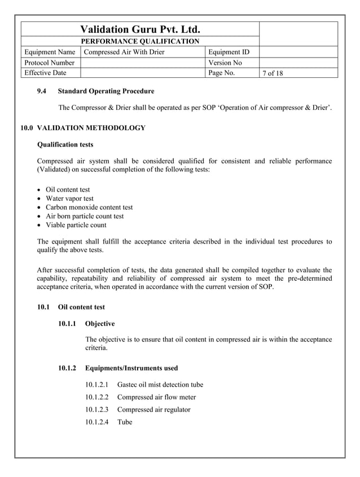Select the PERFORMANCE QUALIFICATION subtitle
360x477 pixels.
(140, 41)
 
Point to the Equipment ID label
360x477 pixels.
(229, 52)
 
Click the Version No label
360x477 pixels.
(225, 63)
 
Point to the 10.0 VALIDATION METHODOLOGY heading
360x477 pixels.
(83, 128)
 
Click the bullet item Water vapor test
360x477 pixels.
(69, 198)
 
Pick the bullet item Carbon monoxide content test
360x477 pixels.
(89, 207)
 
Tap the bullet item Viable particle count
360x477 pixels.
(76, 225)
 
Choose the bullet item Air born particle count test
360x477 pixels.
(85, 216)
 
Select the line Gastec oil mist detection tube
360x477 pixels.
(160, 385)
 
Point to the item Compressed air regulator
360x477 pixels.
(153, 409)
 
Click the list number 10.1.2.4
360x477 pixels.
(96, 422)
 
